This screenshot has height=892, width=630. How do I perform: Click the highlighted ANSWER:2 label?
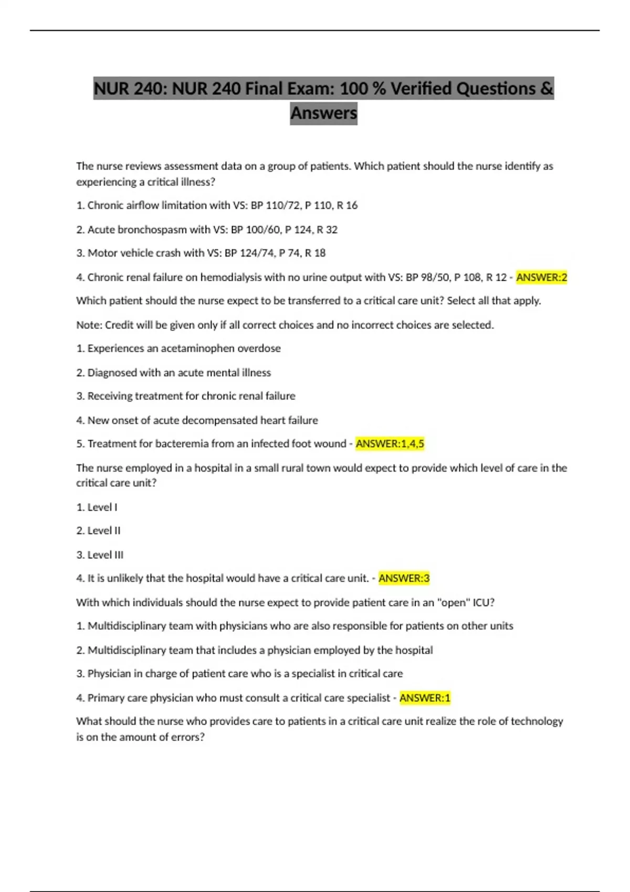(541, 277)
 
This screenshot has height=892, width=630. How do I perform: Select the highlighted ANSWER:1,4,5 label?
(390, 444)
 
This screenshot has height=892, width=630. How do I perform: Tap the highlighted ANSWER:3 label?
(404, 578)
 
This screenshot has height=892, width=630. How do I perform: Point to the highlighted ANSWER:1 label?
(425, 698)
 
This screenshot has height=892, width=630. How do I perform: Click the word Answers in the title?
(323, 113)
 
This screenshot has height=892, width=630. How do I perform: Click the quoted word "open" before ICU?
(454, 602)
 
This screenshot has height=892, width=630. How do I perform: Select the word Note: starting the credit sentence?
(89, 325)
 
